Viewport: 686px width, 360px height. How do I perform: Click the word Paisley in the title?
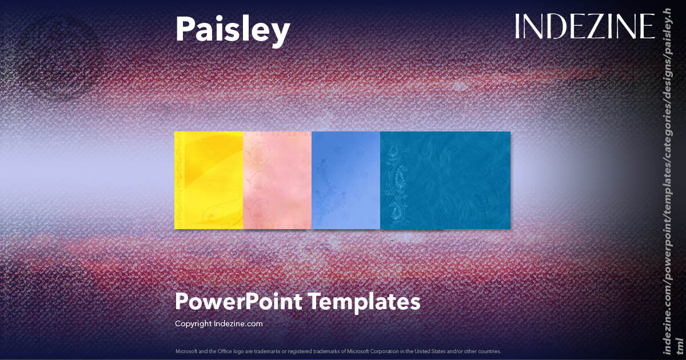click(232, 30)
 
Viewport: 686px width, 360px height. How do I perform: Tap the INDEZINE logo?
click(585, 26)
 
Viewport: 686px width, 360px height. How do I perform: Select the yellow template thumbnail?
click(209, 180)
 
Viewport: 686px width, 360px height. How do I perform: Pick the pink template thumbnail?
click(277, 180)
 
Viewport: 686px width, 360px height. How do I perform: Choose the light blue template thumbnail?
click(346, 180)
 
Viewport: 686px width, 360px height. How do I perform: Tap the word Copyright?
click(193, 323)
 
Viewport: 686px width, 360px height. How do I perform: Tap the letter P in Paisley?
click(185, 30)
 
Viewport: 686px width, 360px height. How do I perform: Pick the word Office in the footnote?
click(218, 351)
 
